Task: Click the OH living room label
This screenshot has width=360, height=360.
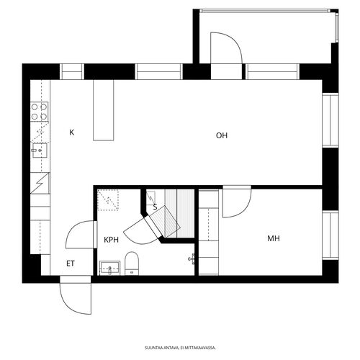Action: click(222, 135)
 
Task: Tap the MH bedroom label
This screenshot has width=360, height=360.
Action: click(274, 238)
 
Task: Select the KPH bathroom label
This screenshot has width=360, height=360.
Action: click(111, 240)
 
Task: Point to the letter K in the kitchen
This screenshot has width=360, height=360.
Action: click(72, 132)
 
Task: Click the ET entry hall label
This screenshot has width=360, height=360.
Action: click(71, 264)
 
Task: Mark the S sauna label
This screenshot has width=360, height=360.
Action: click(155, 207)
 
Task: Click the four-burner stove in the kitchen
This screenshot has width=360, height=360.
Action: click(40, 112)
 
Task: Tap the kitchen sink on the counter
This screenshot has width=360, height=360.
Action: click(40, 150)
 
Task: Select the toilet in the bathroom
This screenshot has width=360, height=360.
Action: click(132, 264)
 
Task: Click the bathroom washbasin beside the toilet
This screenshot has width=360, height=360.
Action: click(109, 268)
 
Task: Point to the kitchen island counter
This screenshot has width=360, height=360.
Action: click(104, 110)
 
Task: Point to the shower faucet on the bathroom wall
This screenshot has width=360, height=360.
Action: click(192, 259)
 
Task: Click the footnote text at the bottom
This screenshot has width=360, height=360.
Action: click(180, 348)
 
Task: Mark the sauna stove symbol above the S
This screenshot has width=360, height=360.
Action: click(150, 198)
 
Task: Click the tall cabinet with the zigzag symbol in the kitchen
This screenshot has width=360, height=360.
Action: click(40, 183)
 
